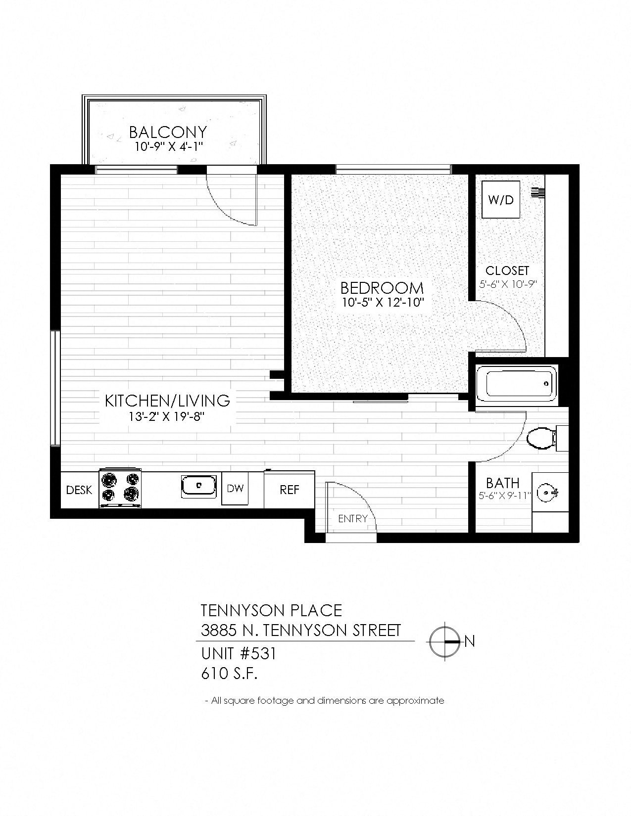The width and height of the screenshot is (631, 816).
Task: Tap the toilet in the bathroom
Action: click(x=539, y=438)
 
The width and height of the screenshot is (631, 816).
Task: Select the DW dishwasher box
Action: click(x=235, y=488)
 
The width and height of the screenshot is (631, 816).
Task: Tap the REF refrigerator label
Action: click(x=290, y=490)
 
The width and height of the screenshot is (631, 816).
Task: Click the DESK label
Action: click(x=79, y=490)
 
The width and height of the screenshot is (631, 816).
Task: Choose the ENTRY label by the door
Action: click(x=352, y=518)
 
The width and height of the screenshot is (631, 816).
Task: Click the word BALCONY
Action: click(x=168, y=132)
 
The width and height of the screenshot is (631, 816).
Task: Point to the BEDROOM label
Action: click(x=382, y=287)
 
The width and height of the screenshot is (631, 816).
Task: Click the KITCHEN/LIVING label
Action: click(x=167, y=400)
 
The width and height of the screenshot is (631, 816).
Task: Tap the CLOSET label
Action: click(x=507, y=271)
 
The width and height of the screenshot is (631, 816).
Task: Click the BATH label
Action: click(x=502, y=483)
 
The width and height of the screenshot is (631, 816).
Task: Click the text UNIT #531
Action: click(x=239, y=654)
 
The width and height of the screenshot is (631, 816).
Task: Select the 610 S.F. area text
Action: click(x=230, y=674)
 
